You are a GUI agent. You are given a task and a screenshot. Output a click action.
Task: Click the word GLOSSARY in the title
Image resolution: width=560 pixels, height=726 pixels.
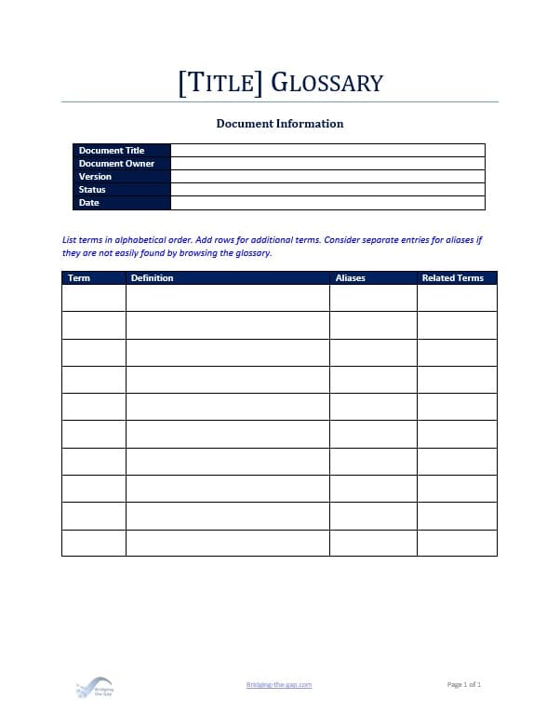(327, 83)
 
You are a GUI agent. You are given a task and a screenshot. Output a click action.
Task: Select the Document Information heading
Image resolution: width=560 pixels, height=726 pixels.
(280, 123)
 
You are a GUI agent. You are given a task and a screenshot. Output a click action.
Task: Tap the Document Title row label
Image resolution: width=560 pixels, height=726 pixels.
(112, 150)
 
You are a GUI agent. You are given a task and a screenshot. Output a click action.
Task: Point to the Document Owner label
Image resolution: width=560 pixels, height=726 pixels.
(116, 163)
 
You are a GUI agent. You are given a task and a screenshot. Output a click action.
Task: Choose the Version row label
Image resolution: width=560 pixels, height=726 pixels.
(95, 176)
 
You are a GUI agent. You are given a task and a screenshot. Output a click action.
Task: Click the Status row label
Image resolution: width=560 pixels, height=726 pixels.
(92, 189)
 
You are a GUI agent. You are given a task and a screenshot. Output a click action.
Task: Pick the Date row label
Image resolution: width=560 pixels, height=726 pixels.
(89, 202)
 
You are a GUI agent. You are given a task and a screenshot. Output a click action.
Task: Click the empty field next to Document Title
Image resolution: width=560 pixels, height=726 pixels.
(327, 150)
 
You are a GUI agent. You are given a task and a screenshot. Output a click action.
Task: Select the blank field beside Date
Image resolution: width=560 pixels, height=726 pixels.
(327, 202)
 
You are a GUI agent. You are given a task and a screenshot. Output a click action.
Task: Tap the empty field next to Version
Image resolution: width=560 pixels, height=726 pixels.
(327, 176)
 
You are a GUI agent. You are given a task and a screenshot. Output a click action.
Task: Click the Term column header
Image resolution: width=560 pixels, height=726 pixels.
(79, 277)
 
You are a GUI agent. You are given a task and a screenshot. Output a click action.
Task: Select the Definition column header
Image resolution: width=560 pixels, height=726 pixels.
(153, 277)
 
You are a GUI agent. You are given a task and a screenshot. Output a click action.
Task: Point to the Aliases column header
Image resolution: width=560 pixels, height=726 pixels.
(351, 277)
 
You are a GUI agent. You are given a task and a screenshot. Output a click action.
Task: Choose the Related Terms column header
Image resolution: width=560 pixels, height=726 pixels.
(453, 277)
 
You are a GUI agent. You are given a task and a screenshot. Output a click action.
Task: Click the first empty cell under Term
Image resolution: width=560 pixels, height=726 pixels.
(93, 298)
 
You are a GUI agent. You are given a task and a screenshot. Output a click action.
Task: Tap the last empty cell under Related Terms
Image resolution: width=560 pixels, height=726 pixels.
(457, 543)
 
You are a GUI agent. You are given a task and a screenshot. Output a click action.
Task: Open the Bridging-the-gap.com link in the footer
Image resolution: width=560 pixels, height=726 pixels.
(279, 684)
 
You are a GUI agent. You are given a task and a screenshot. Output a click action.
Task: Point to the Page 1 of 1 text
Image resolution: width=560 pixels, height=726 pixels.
(464, 684)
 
